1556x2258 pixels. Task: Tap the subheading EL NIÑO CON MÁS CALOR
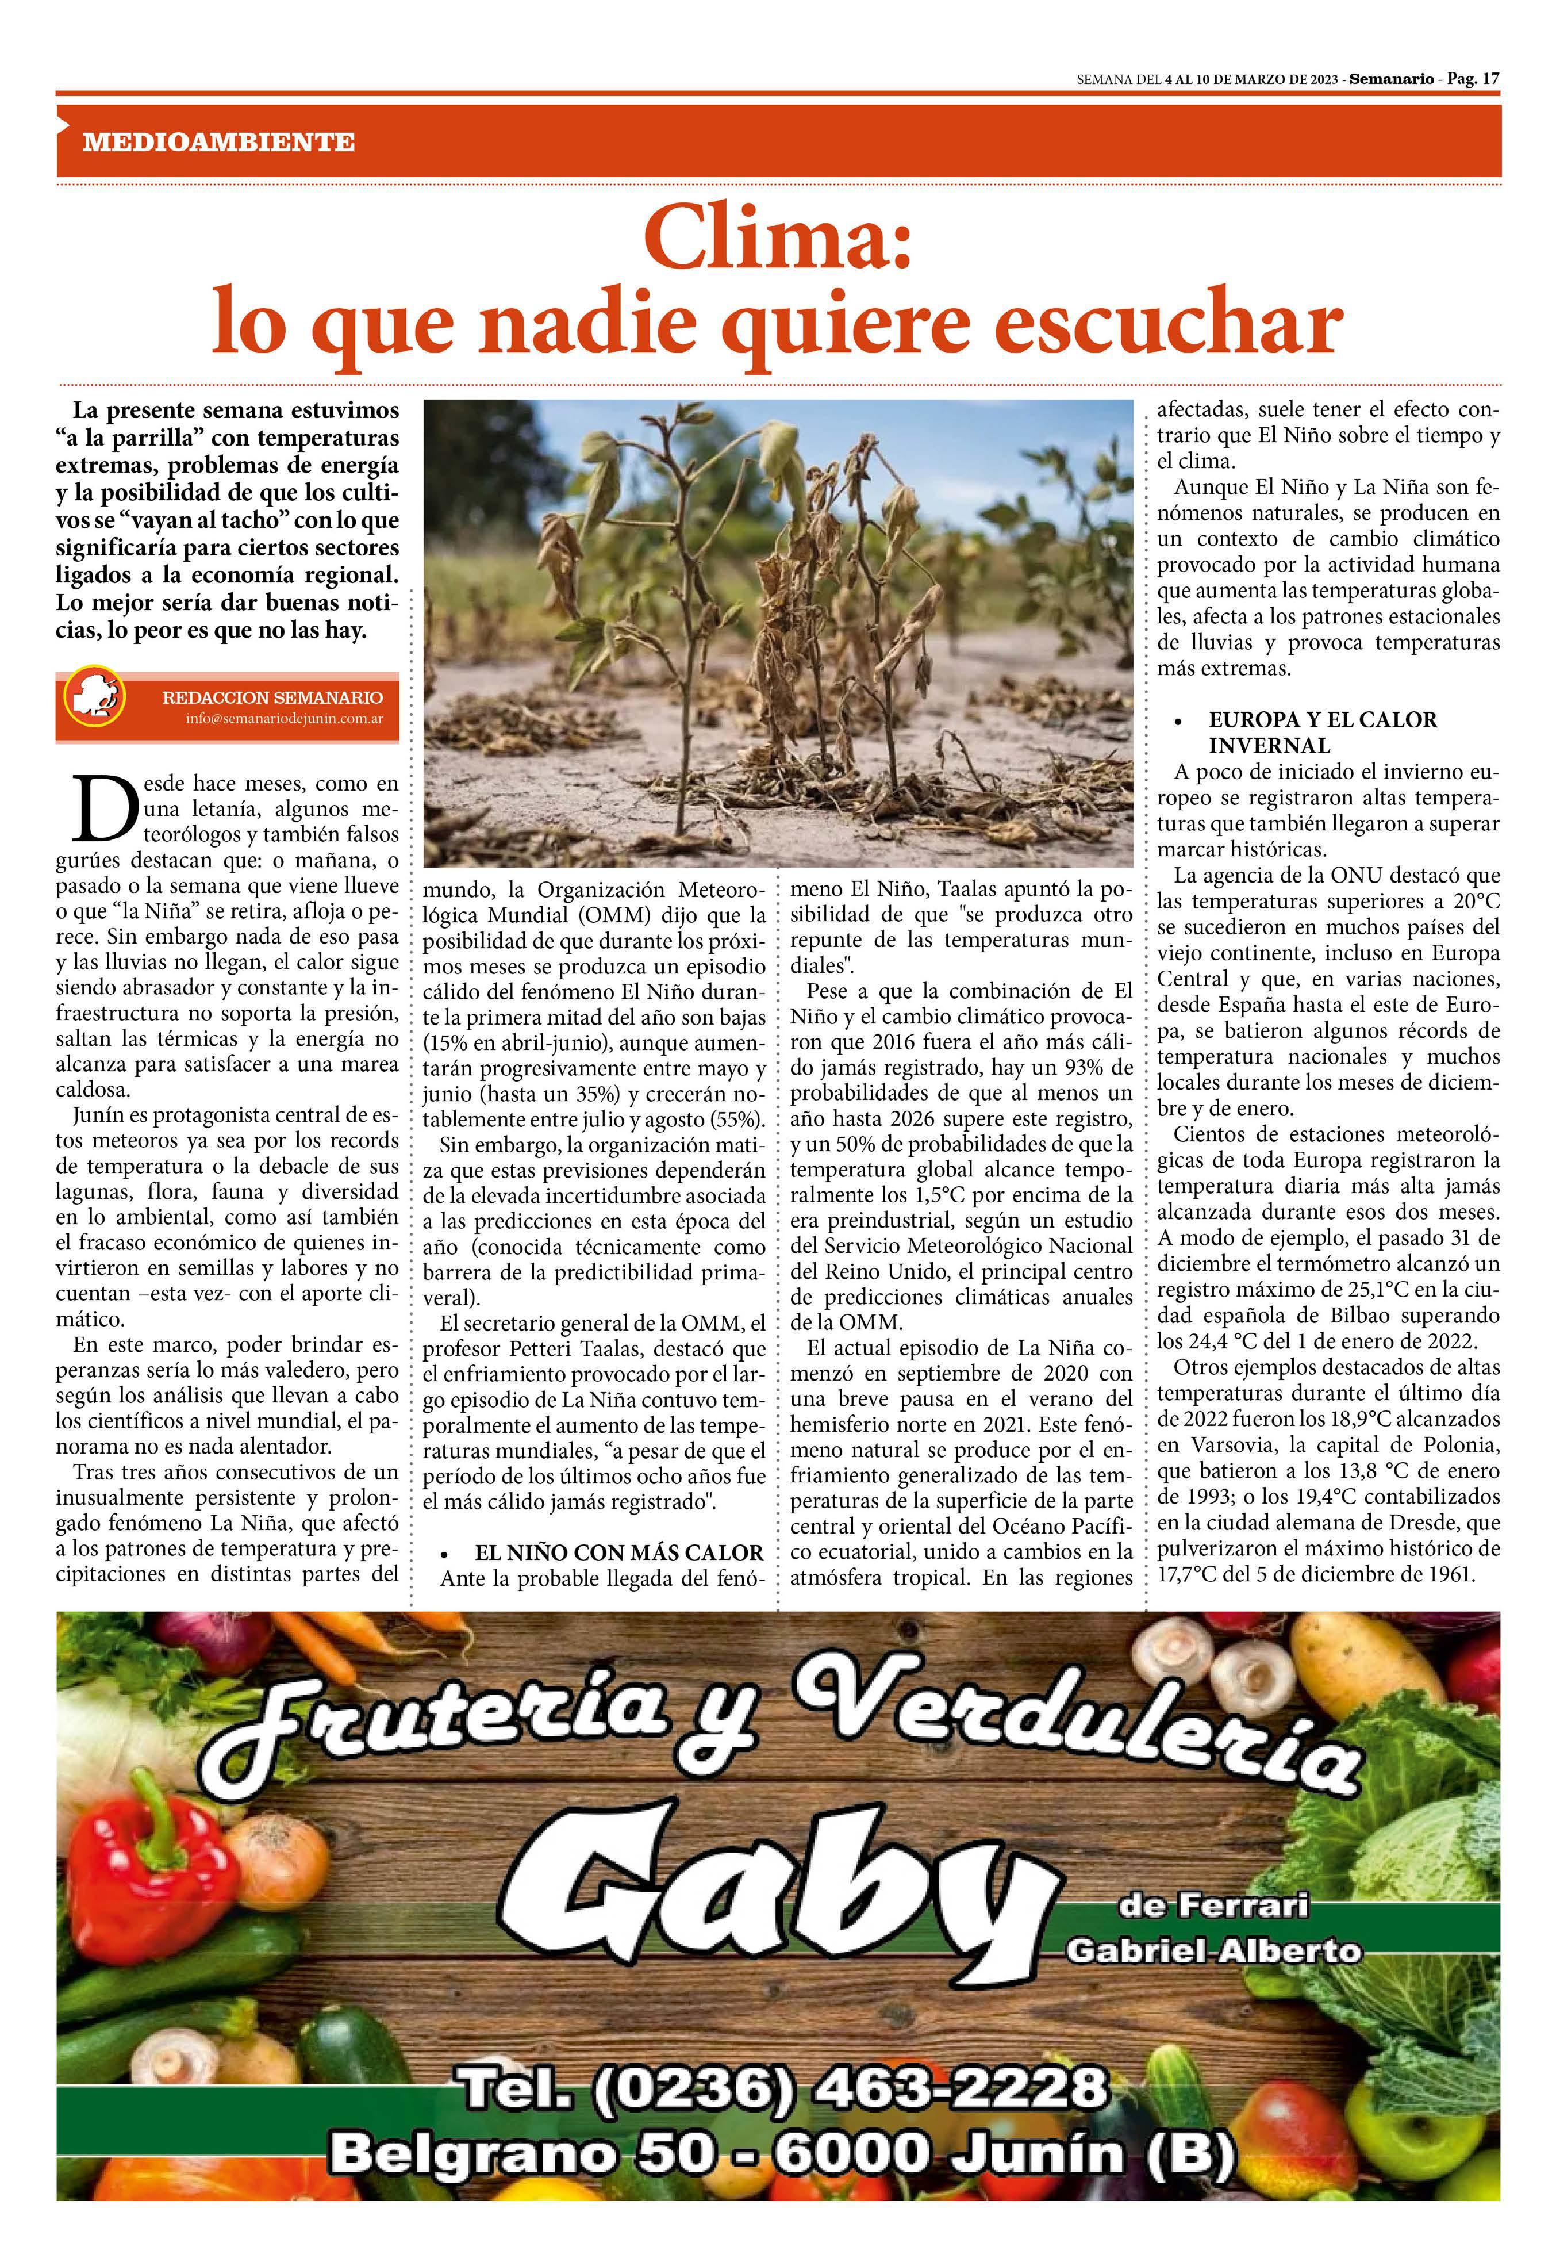[x=618, y=1552]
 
